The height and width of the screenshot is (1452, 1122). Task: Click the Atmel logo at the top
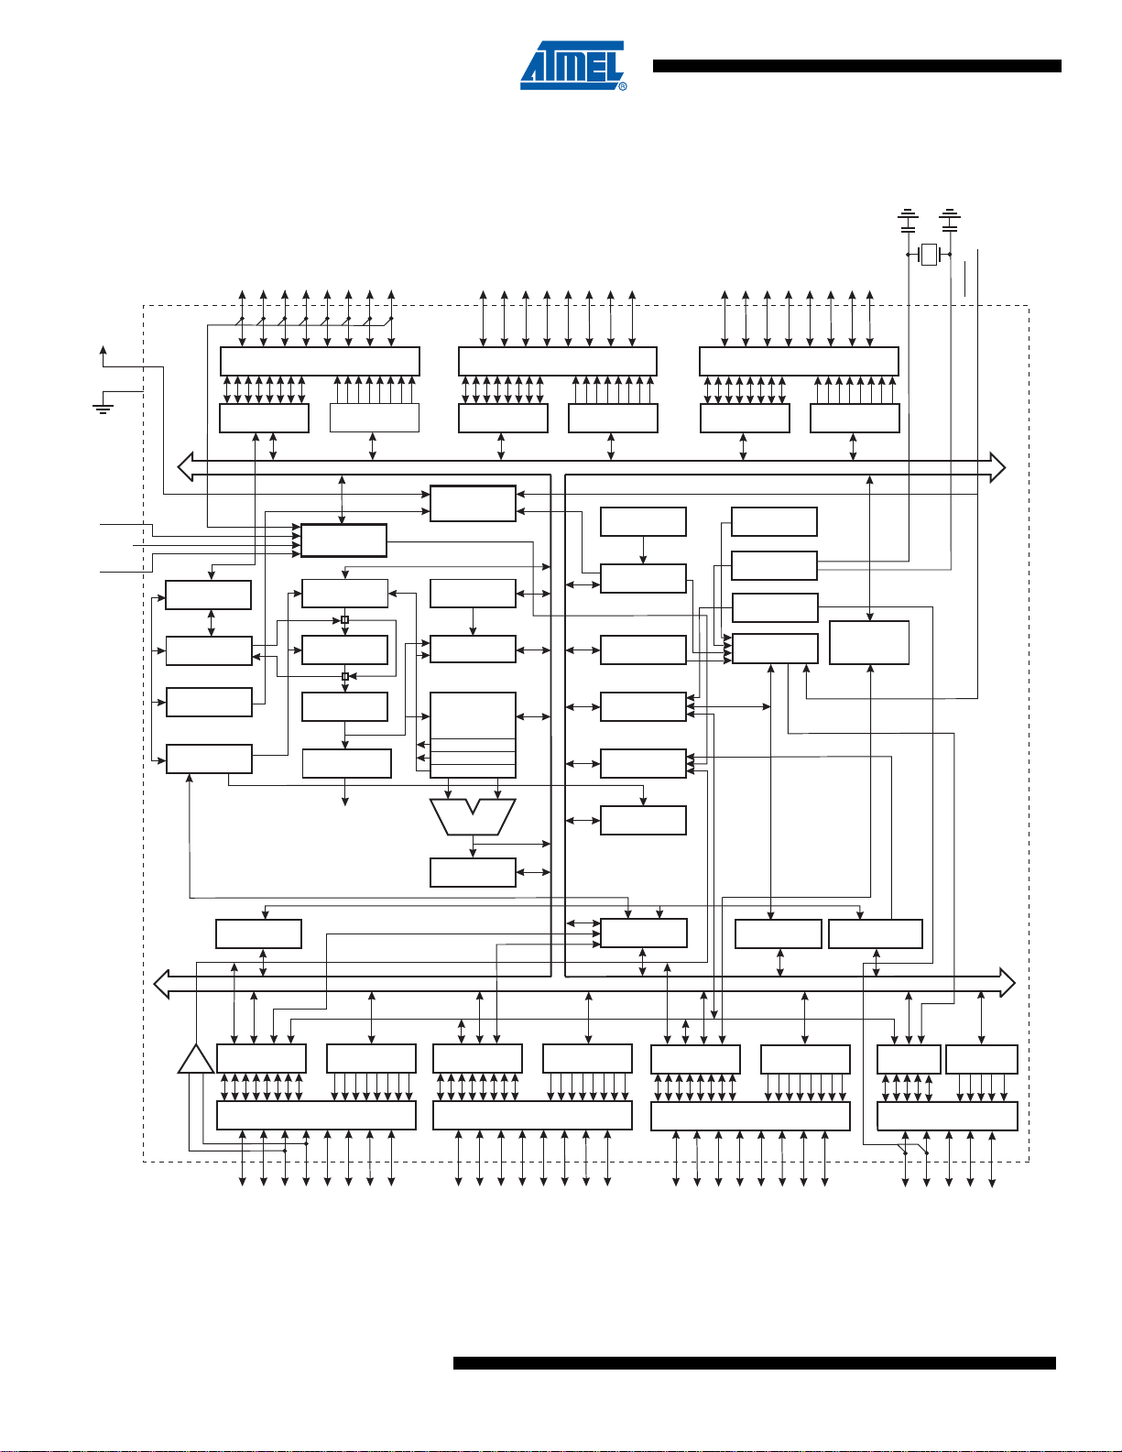tap(572, 65)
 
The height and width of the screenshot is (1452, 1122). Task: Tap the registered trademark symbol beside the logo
tap(623, 86)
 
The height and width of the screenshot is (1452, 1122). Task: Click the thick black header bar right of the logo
tap(856, 66)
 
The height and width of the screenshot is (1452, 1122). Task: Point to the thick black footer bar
tap(754, 1364)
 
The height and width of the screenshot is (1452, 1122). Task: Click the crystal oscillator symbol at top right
tap(930, 254)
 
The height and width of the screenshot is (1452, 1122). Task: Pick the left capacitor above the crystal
tap(908, 220)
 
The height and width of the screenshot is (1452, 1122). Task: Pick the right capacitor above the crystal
tap(951, 220)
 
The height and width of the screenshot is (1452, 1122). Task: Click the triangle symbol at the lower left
tap(196, 1059)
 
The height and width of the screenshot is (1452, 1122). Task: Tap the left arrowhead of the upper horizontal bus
tap(185, 467)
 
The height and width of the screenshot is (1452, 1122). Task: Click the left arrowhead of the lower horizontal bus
tap(162, 983)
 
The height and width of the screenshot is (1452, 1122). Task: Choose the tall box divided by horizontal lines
tap(473, 735)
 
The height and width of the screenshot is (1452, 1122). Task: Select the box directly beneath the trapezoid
tap(473, 872)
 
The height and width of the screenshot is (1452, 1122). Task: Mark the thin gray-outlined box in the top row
tap(374, 418)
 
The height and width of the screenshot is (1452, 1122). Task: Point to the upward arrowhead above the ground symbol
tap(103, 349)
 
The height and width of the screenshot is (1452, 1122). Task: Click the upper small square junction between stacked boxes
tap(344, 620)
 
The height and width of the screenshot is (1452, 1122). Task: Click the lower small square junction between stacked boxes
tap(344, 677)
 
